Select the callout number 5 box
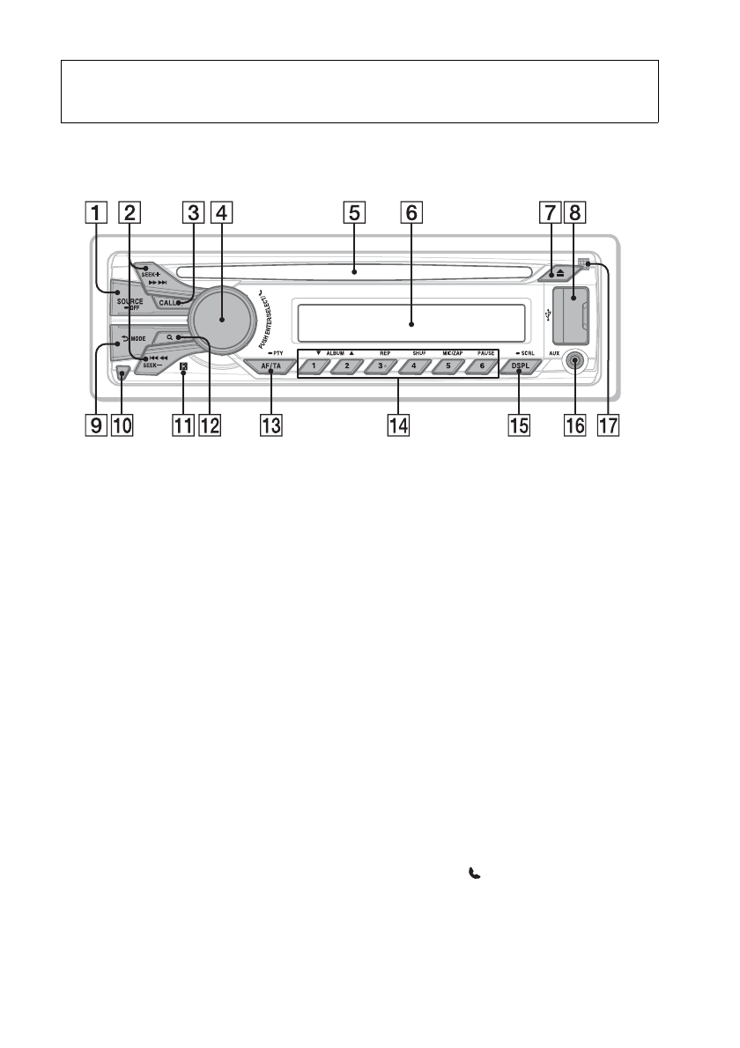coord(354,212)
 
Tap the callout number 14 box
coord(399,426)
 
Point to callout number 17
coord(607,426)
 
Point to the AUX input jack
coord(577,361)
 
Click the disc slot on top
coord(352,270)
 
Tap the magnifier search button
coord(177,337)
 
